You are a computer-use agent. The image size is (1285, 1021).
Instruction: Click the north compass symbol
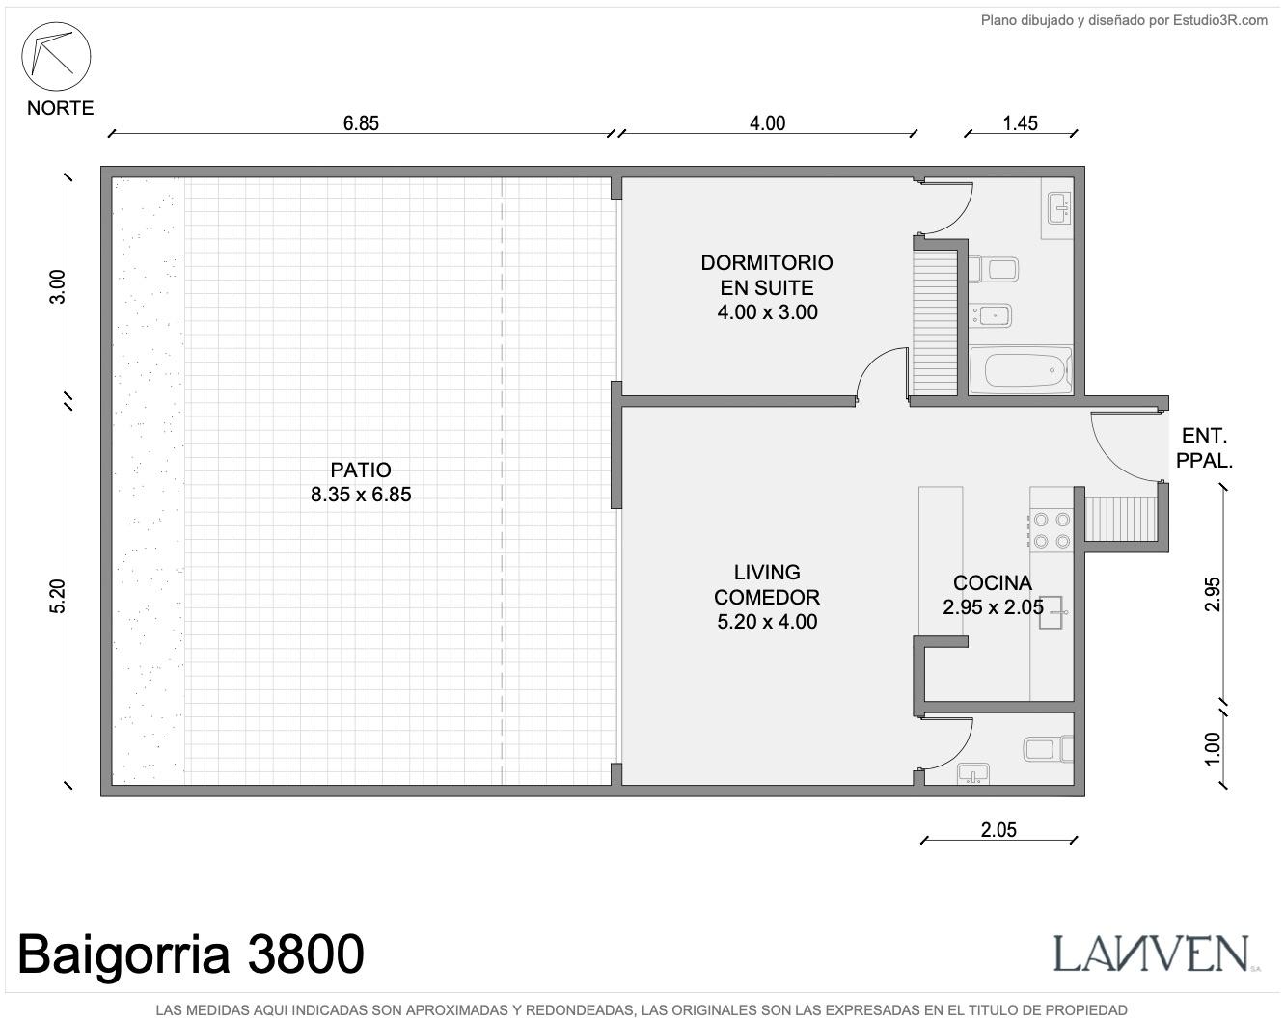pos(56,57)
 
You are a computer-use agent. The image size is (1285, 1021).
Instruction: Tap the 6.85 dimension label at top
pos(361,123)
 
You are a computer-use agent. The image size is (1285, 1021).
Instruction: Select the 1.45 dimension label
pos(1020,123)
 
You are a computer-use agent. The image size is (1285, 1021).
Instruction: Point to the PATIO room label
pos(361,470)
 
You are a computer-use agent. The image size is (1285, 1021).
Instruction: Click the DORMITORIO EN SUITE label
pos(767,275)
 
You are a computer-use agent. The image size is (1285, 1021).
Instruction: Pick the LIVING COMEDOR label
pos(767,584)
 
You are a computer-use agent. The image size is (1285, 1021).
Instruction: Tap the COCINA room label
pos(993,582)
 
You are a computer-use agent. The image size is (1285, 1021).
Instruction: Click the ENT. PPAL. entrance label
pos(1204,448)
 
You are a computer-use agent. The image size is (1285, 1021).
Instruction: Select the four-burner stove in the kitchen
pos(1051,530)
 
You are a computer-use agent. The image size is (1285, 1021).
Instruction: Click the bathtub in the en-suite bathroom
pos(1021,370)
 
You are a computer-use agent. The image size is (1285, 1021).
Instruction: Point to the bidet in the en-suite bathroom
pos(990,315)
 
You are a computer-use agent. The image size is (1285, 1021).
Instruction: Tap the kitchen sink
pos(1053,611)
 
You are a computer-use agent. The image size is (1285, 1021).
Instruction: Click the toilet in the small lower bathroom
pos(1048,748)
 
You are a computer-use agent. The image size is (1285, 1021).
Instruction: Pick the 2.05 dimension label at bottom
pos(998,829)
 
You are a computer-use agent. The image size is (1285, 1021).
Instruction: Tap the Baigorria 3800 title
pos(191,954)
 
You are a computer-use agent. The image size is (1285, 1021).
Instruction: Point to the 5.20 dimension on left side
pos(57,596)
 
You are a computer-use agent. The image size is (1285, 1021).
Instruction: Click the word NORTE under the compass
pos(61,108)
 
